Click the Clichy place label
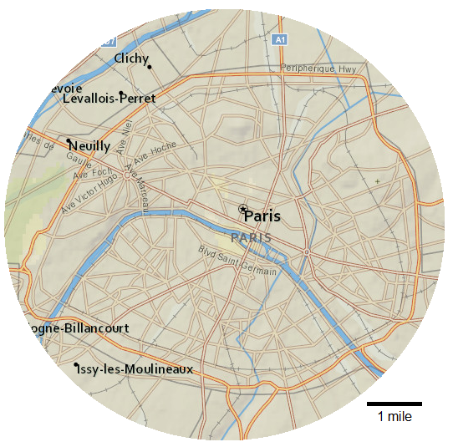(x=131, y=58)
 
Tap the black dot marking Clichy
(x=150, y=67)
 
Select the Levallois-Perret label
(x=109, y=99)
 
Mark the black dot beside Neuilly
(x=69, y=140)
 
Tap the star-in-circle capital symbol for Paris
(x=242, y=209)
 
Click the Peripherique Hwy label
(x=319, y=69)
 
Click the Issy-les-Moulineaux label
(x=134, y=369)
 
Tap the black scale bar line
(x=394, y=404)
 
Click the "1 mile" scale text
(x=394, y=417)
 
